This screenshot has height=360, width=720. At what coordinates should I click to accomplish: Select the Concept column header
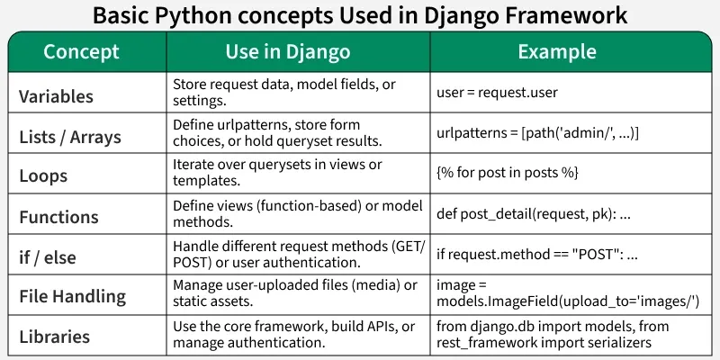81,52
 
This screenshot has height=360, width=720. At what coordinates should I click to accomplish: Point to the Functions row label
59,217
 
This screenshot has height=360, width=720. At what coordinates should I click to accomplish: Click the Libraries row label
55,337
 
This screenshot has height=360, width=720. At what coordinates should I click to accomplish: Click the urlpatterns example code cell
537,132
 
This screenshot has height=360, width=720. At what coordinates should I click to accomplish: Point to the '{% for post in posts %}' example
508,172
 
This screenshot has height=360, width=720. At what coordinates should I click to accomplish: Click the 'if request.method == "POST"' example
537,254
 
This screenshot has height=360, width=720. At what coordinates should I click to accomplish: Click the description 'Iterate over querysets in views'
277,172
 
